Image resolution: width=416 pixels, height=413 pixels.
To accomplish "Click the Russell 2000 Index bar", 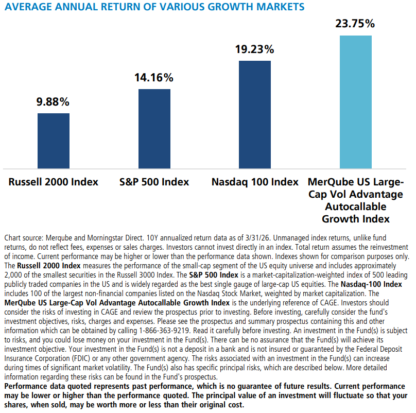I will [54, 141].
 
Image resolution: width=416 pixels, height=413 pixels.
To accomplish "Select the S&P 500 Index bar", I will [154, 129].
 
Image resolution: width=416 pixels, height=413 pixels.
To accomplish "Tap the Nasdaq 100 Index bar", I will [255, 114].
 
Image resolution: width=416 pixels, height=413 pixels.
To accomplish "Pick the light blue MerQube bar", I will [355, 102].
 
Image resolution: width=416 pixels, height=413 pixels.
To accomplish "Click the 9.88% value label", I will [54, 101].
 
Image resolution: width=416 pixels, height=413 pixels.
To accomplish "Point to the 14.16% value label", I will [154, 78].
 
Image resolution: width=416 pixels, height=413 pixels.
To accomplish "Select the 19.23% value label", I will [255, 49].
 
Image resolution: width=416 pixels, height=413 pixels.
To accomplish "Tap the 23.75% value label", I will [355, 24].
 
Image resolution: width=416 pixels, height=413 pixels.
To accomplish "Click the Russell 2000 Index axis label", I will [54, 182].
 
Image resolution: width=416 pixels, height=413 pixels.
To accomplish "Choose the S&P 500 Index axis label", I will [154, 182].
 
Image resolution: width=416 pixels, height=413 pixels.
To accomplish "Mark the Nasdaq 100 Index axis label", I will [255, 182].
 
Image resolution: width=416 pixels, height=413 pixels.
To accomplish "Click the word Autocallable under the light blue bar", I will [355, 206].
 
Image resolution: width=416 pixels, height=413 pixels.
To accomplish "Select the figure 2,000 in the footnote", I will [14, 273].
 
